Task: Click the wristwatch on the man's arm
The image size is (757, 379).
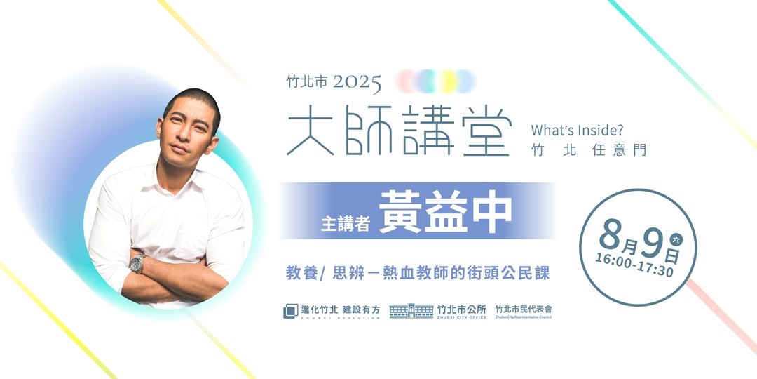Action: pos(137,264)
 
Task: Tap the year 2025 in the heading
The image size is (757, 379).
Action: pos(357,83)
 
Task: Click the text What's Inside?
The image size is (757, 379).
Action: pos(577,130)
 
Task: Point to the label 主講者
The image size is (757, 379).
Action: pos(345,223)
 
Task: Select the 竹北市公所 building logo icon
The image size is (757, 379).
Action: pos(411,311)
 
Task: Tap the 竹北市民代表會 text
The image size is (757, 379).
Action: pos(523,310)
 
